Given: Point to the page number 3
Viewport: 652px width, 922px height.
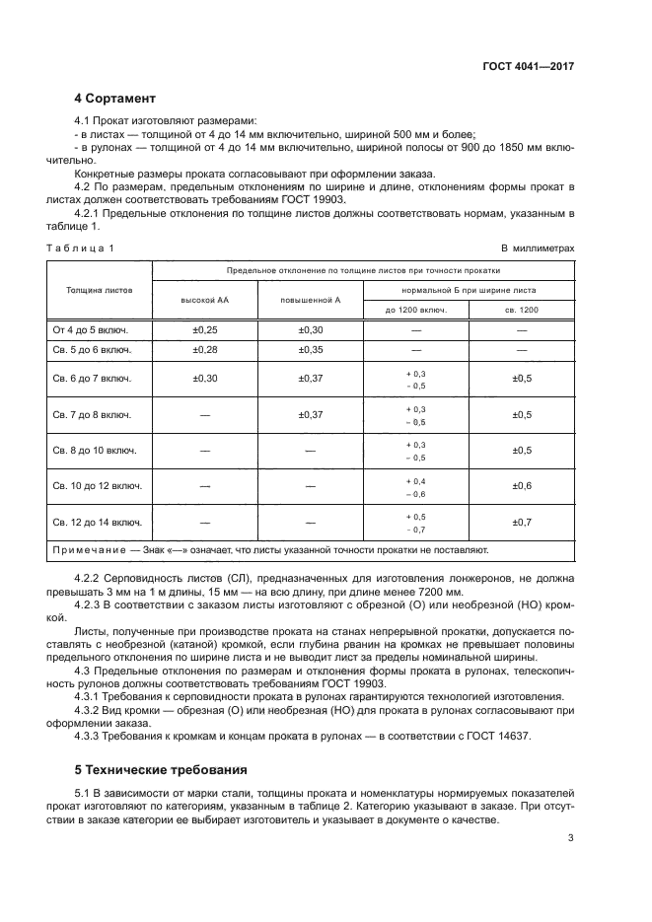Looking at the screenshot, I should click(570, 838).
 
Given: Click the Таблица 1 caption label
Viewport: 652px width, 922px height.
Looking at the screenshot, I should click(81, 248).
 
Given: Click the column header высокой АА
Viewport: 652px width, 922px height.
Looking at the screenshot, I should click(204, 299).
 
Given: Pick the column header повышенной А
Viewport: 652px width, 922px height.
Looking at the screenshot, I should click(310, 299).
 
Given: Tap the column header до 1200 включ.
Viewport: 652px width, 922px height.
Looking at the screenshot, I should click(415, 310).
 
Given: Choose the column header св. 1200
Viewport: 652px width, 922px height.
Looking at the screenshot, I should click(522, 310).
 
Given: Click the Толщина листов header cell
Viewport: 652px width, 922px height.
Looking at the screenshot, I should click(99, 291).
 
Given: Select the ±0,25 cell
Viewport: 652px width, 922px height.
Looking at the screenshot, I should click(204, 329).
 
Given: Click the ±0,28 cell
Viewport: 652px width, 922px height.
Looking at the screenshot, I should click(204, 350).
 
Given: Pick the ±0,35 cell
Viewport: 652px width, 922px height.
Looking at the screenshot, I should click(310, 350).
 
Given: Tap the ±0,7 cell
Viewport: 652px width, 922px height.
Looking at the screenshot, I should click(522, 522).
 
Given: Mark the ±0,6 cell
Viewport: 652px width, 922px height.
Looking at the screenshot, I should click(522, 486).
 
